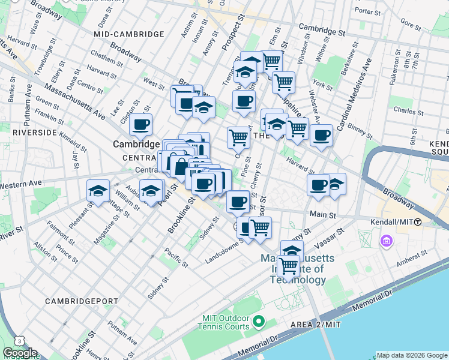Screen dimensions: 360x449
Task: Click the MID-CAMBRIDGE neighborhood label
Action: click(129, 35)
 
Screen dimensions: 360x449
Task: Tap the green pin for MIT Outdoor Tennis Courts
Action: click(259, 322)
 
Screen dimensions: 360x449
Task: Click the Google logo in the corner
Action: click(19, 353)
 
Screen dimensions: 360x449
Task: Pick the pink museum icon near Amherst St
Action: click(386, 242)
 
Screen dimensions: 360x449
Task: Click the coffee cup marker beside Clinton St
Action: click(141, 125)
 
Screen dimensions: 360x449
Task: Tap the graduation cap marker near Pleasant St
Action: click(98, 191)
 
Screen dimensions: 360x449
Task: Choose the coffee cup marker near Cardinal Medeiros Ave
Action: click(322, 135)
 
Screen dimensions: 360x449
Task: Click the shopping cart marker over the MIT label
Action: click(288, 265)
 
